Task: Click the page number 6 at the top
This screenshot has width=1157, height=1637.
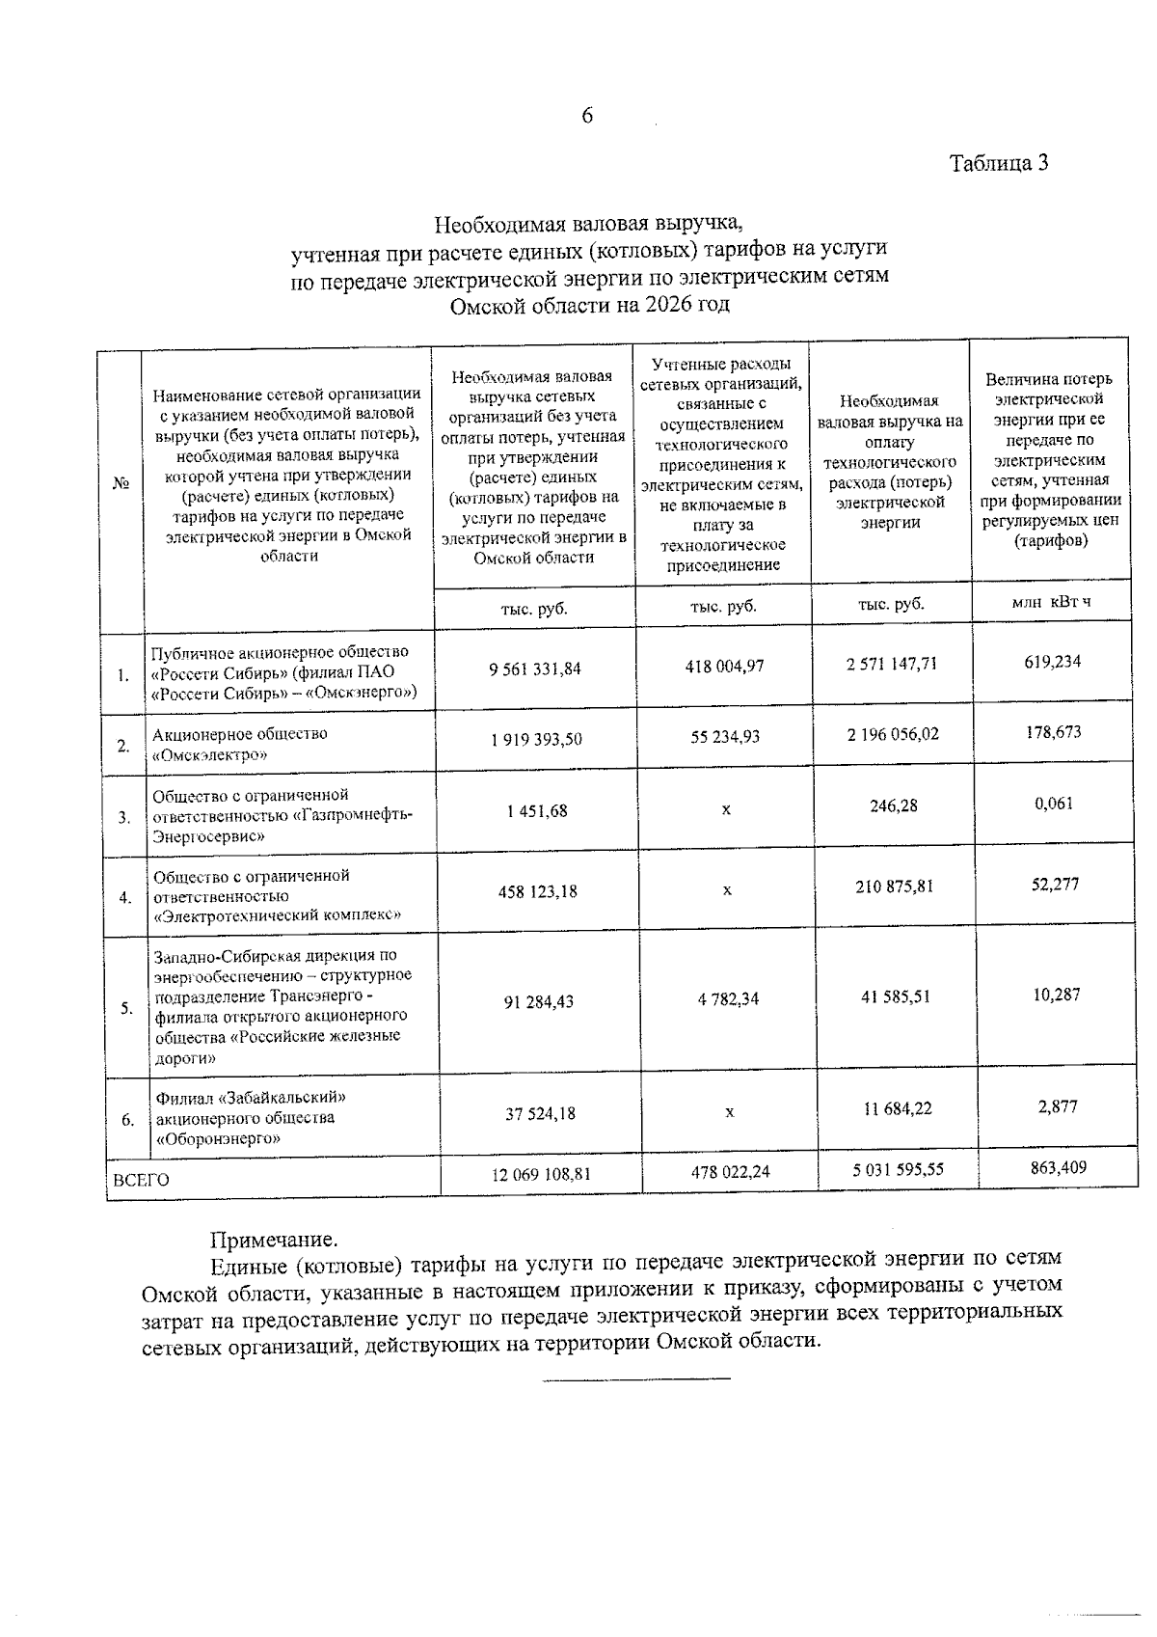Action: pyautogui.click(x=587, y=117)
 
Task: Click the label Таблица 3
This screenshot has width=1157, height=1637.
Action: pyautogui.click(x=999, y=163)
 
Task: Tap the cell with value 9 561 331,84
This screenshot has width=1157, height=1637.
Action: pyautogui.click(x=535, y=668)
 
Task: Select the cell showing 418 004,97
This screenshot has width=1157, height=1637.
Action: pyautogui.click(x=724, y=666)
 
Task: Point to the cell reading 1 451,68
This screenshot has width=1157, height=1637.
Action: pyautogui.click(x=536, y=811)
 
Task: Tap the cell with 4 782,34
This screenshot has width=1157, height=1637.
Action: pyautogui.click(x=728, y=999)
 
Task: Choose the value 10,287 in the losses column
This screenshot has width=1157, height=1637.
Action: pyautogui.click(x=1057, y=995)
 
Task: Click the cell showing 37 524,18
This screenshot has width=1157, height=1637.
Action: pyautogui.click(x=540, y=1113)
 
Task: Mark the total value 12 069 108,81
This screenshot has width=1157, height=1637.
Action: pyautogui.click(x=540, y=1174)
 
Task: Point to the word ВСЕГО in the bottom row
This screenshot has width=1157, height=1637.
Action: pyautogui.click(x=141, y=1180)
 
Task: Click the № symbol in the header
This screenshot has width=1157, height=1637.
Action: pyautogui.click(x=121, y=483)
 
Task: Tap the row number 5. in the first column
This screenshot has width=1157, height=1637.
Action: pyautogui.click(x=126, y=1009)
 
